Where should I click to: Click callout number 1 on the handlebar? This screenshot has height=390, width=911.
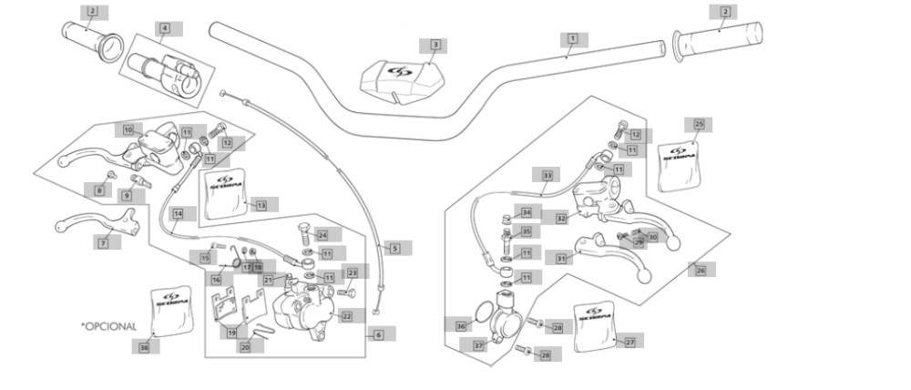point(573,39)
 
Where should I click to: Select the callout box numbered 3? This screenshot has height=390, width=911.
point(435,45)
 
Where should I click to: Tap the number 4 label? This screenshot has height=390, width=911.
point(165,28)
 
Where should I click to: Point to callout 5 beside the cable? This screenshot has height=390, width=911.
point(395,248)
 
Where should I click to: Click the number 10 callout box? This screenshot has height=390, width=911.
point(129,130)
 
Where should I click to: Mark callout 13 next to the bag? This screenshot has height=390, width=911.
point(261,206)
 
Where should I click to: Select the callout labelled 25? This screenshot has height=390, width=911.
point(699,124)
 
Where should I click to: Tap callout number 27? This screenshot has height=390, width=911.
point(630,342)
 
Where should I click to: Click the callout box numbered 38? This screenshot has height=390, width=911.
point(144,347)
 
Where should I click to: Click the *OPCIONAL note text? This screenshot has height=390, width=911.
point(108,325)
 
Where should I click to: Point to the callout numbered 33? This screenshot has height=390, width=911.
point(548,175)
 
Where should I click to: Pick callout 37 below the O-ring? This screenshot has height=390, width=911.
point(479,346)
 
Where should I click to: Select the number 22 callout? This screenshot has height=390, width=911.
point(347,315)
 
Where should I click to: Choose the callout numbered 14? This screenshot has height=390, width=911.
point(179,213)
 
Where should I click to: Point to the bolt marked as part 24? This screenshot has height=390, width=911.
point(305,227)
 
